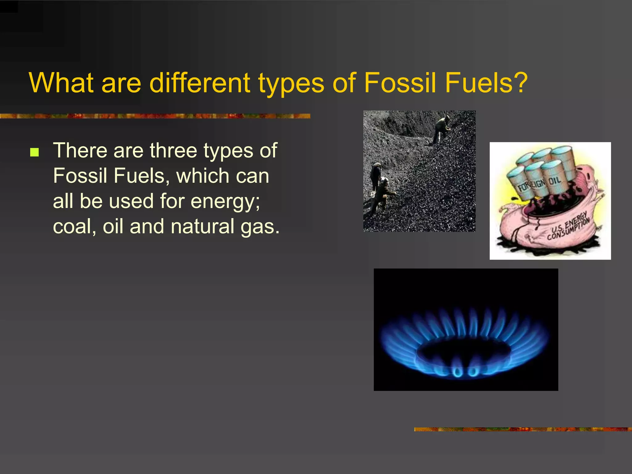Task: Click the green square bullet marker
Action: click(x=35, y=152)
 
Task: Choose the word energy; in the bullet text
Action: click(x=225, y=202)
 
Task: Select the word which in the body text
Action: click(x=202, y=176)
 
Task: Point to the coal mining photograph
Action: click(x=419, y=171)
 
